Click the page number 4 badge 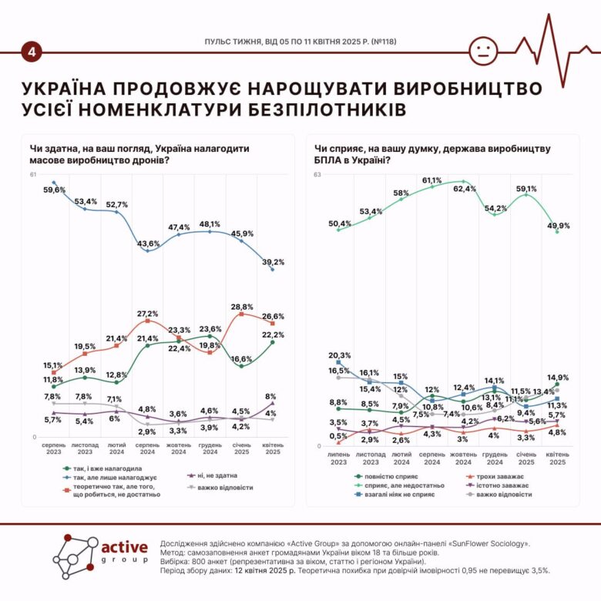pos(32,52)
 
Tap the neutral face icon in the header pos(483,52)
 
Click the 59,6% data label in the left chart pos(54,189)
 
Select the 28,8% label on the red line pos(243,306)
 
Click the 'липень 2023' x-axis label pos(339,458)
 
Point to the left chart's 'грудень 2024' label pos(210,449)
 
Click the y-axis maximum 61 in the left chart pos(34,176)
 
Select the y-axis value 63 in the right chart pos(317,176)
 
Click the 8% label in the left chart pos(270,396)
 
